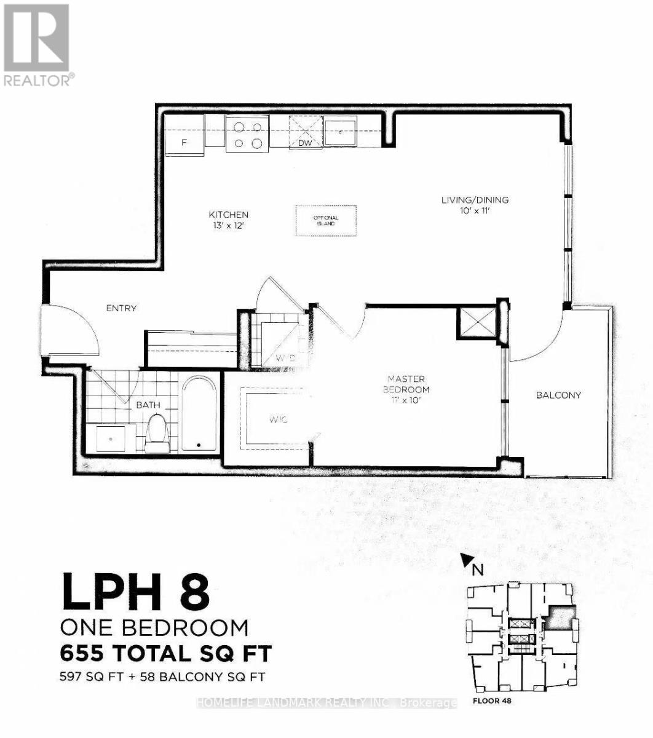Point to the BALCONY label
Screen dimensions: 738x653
558,395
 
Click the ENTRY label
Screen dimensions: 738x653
121,308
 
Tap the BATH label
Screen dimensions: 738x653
148,405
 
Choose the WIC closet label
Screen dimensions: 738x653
278,420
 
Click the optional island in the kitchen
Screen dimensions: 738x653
325,220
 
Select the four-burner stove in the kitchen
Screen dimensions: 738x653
247,135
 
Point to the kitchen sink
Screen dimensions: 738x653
340,131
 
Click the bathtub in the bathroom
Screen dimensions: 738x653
199,415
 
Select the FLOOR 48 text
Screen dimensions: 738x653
492,700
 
